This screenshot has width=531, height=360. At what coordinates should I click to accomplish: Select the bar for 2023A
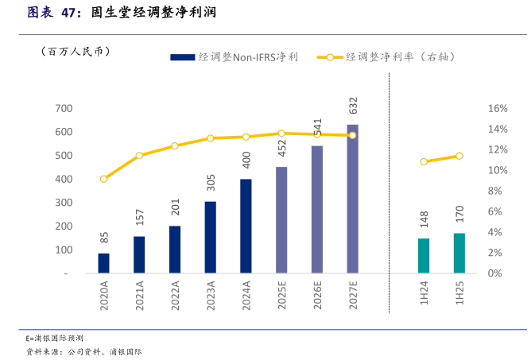[x=210, y=237]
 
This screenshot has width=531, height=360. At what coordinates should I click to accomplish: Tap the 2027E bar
[x=352, y=199]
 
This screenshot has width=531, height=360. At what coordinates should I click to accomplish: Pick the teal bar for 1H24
[x=424, y=255]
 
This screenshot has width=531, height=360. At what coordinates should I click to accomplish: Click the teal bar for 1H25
[x=459, y=253]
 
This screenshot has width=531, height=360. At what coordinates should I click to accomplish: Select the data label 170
[x=459, y=215]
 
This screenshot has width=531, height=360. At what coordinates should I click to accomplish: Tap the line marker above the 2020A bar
[x=103, y=179]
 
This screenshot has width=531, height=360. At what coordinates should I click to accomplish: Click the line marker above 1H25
[x=459, y=156]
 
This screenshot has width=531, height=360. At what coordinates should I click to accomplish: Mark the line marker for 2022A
[x=175, y=146]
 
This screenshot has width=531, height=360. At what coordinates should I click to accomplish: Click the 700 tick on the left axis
[x=64, y=108]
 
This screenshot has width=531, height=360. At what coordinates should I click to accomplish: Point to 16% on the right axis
[x=497, y=108]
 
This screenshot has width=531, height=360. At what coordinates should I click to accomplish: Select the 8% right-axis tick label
[x=494, y=191]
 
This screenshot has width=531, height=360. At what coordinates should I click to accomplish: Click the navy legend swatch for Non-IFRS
[x=182, y=57]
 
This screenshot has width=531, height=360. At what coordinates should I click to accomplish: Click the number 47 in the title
[x=71, y=13]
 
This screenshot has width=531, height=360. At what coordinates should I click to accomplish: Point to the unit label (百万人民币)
[x=75, y=52]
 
